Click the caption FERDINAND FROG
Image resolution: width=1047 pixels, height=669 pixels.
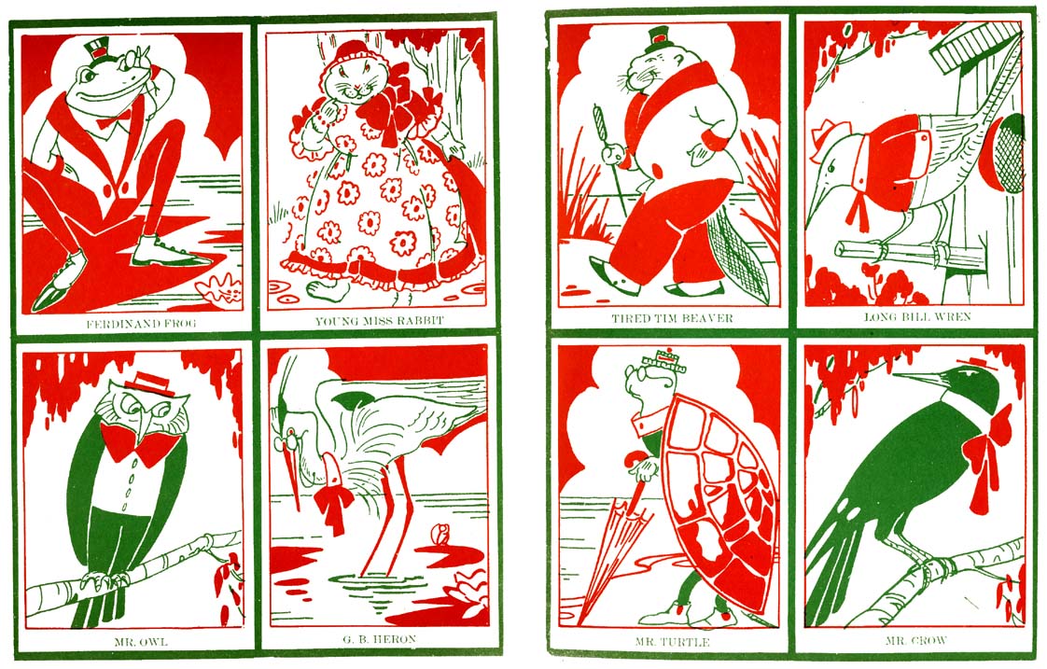point(141,324)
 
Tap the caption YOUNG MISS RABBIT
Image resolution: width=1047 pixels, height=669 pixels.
point(379,321)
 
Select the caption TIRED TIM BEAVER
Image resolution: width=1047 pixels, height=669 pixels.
point(673,318)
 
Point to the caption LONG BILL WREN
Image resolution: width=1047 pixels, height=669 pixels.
point(917,316)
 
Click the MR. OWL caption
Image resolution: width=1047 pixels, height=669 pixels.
point(141,642)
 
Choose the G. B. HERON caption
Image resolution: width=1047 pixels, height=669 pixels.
point(379,640)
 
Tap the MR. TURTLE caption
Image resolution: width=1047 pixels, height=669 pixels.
point(673,642)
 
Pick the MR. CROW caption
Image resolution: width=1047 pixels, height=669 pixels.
point(916,640)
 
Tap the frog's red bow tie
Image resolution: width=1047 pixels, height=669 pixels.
point(114,121)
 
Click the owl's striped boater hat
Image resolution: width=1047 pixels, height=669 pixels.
point(149,383)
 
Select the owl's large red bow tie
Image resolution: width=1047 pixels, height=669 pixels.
point(137,442)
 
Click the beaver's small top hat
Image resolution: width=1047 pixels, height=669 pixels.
point(658,40)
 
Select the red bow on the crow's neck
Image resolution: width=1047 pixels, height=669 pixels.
point(987,455)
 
